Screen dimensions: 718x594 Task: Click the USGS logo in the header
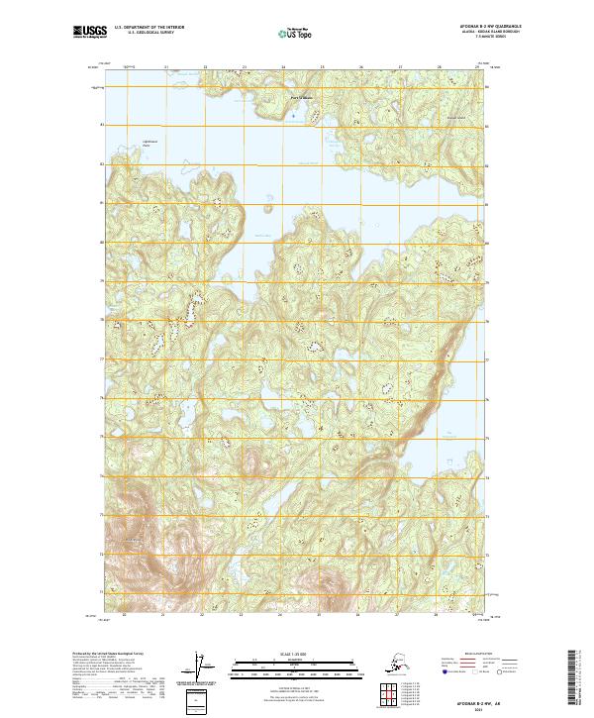(88, 33)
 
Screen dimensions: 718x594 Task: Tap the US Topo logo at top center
(296, 33)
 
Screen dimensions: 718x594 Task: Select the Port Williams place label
(302, 97)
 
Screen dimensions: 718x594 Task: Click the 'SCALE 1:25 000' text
(296, 651)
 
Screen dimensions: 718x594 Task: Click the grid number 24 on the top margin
(283, 67)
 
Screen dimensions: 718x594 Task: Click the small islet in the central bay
(267, 207)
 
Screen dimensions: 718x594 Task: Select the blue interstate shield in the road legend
(440, 672)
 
